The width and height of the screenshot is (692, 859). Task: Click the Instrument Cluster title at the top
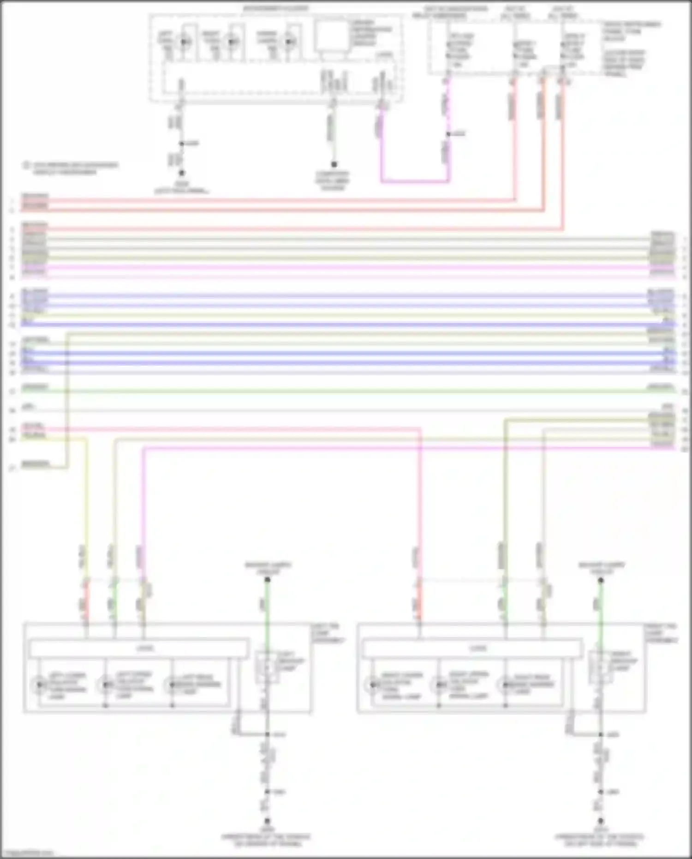(276, 9)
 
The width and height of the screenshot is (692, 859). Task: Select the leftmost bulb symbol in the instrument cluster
(184, 42)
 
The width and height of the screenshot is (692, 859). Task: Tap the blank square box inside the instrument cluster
(332, 36)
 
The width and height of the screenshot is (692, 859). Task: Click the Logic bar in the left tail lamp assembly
(139, 649)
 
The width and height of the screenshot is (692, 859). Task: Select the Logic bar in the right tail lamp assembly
(472, 649)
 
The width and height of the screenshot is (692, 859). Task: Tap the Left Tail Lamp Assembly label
(328, 633)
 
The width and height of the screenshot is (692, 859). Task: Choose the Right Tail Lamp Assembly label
(662, 633)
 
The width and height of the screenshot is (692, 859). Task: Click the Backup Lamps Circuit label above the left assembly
(268, 568)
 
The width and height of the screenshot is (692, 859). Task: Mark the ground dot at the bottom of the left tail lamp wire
(267, 821)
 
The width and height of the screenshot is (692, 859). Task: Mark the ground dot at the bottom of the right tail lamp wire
(601, 821)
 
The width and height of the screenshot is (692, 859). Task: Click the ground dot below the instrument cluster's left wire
(182, 173)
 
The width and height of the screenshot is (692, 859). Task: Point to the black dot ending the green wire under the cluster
(334, 164)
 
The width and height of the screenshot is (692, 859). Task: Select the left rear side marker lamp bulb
(172, 685)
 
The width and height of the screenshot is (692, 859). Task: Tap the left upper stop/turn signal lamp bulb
(106, 685)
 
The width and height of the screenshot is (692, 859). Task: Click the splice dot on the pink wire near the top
(447, 134)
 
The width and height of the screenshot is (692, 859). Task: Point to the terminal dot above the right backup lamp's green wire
(601, 580)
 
